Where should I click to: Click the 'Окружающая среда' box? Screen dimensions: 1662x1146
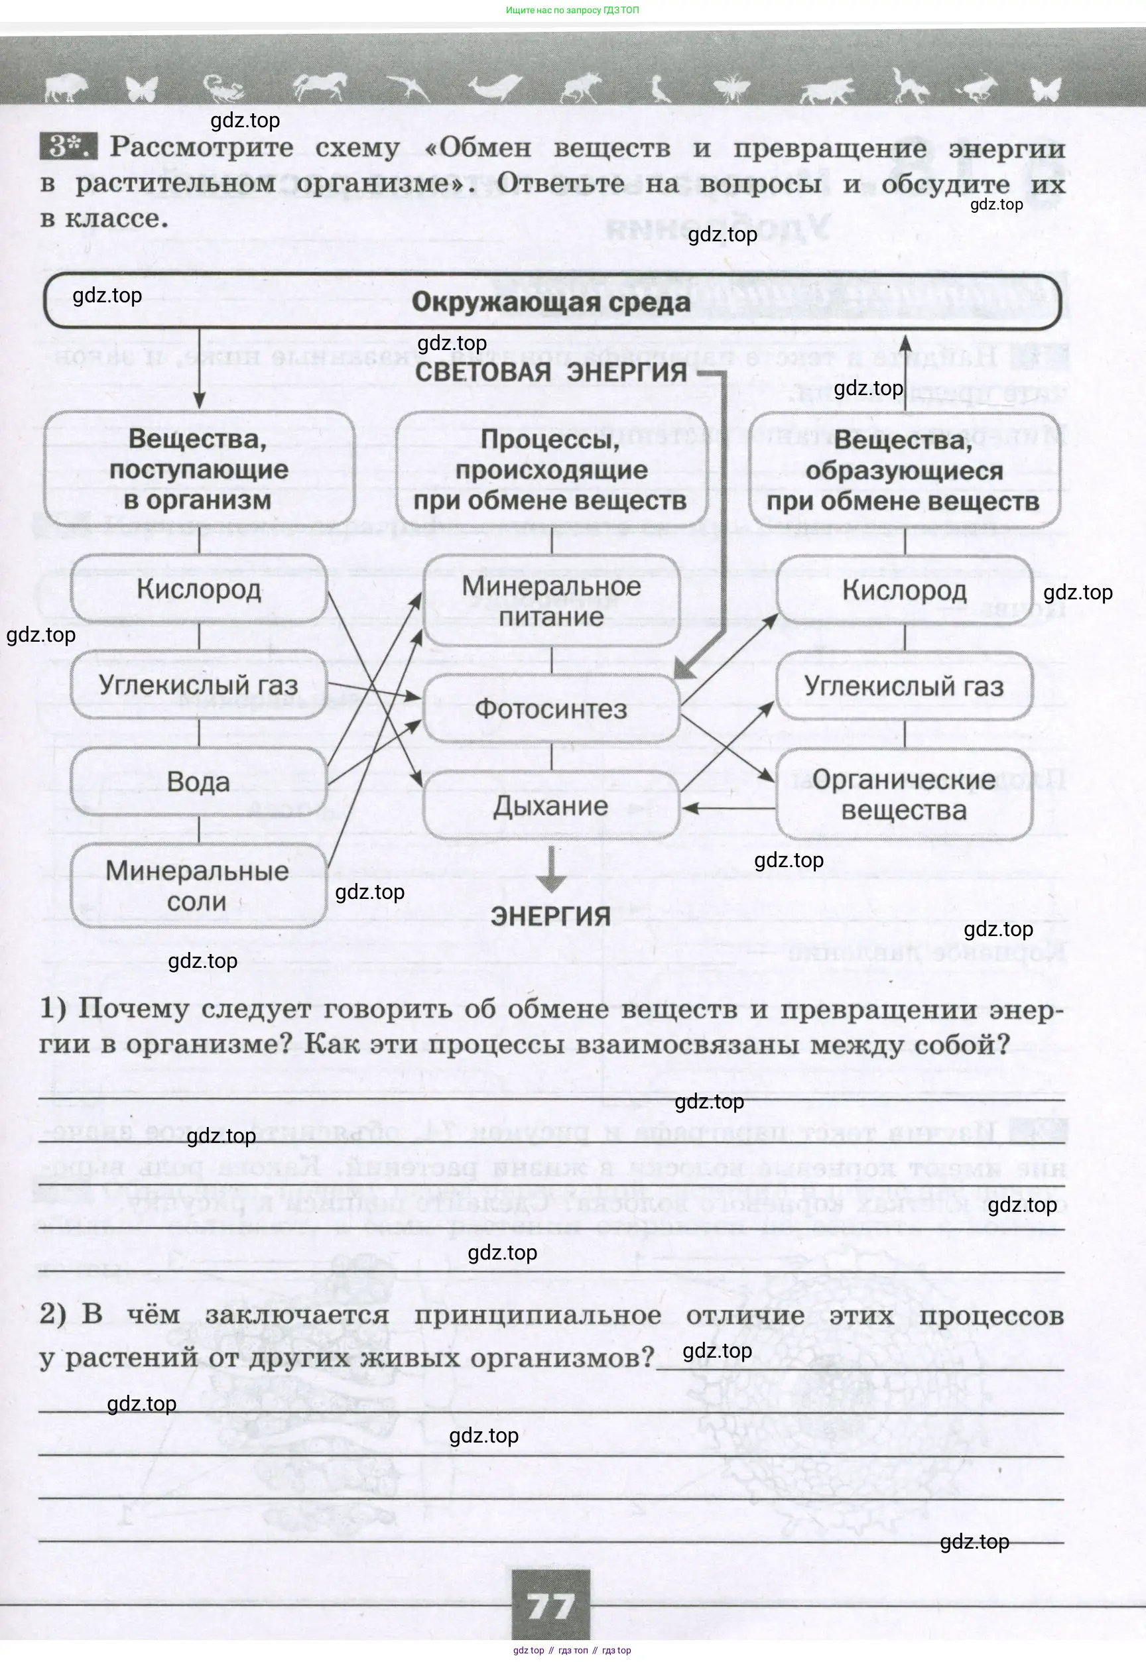point(552,302)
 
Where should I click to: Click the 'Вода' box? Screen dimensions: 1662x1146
point(198,782)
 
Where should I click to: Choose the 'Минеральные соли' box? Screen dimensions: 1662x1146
point(198,886)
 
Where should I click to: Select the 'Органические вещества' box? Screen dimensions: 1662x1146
point(904,794)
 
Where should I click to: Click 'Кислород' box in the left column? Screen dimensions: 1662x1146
point(198,589)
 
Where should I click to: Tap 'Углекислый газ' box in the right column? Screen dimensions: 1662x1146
point(904,686)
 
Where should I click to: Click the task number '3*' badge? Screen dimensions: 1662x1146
point(67,147)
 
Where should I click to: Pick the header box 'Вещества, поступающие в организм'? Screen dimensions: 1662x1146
point(198,469)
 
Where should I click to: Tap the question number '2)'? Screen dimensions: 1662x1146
point(52,1314)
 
